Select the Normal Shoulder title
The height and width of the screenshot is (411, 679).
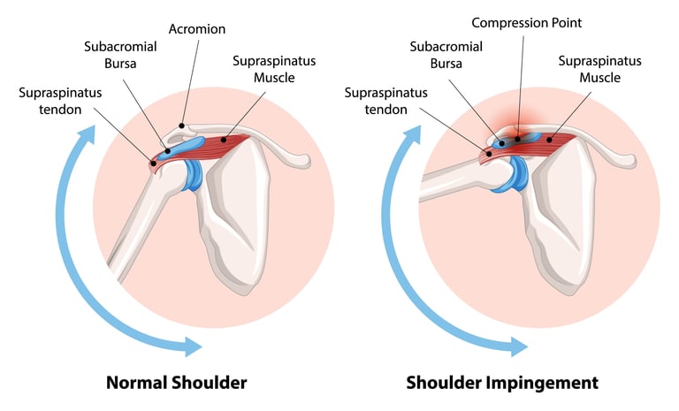(x=176, y=383)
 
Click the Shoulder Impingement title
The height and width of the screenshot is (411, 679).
(x=501, y=383)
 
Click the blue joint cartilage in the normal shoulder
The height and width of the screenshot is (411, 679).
(x=192, y=174)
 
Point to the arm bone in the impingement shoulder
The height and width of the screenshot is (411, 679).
(x=451, y=182)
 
